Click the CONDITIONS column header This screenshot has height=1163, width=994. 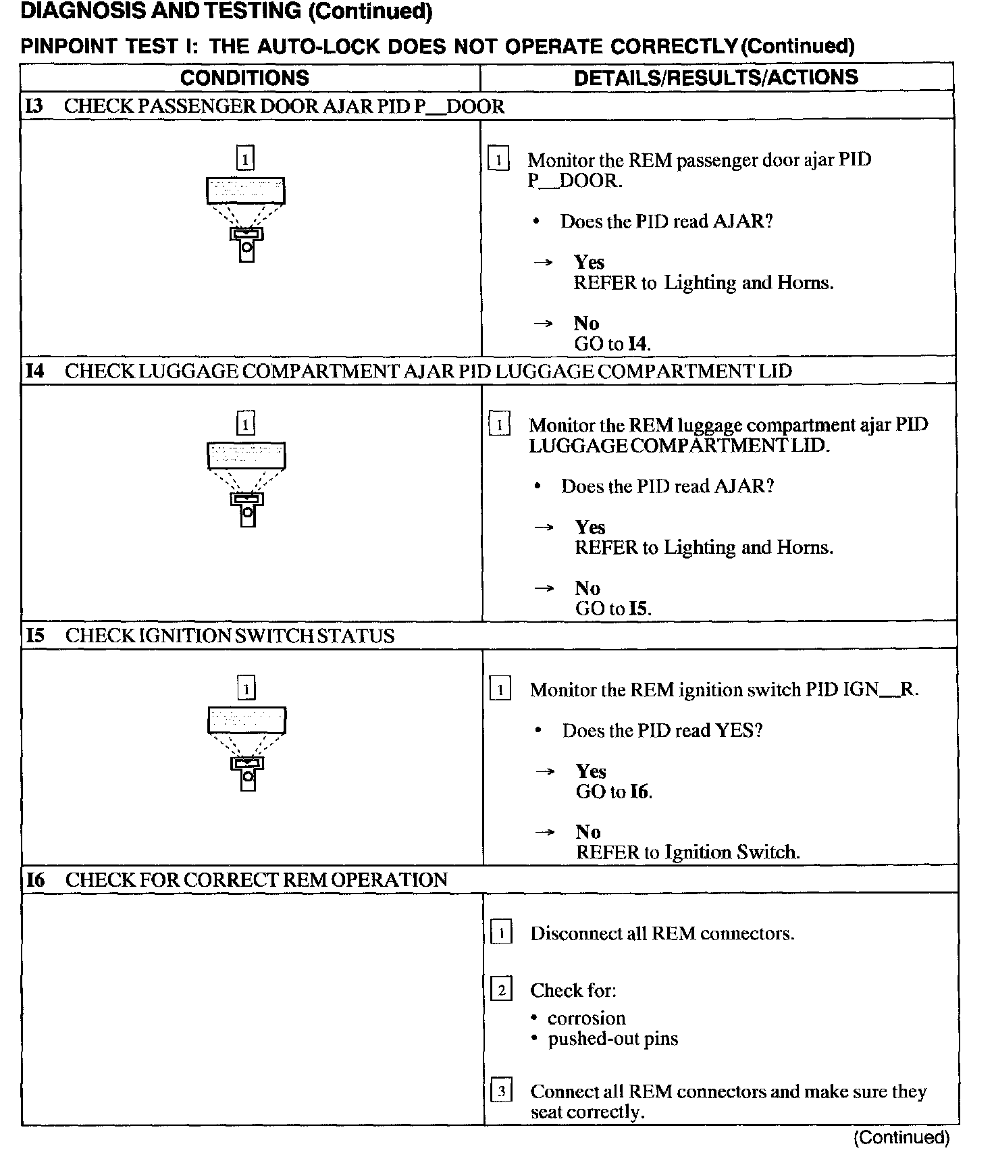244,78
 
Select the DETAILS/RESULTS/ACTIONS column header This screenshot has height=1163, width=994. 716,78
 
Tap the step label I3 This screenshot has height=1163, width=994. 35,107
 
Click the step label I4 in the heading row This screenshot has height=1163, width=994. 36,371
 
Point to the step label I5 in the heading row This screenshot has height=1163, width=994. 36,636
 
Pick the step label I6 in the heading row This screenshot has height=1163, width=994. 36,880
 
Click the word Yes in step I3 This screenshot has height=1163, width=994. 589,262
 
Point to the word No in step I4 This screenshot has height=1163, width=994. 587,588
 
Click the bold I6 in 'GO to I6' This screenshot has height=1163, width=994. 639,792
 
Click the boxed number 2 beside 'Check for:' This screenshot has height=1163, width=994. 501,991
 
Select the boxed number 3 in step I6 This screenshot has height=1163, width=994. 501,1091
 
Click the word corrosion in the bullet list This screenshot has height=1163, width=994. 586,1018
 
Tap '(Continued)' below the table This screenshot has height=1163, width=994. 901,1138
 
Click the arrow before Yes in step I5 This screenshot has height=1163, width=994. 544,771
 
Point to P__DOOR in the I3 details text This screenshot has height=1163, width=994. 574,181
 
